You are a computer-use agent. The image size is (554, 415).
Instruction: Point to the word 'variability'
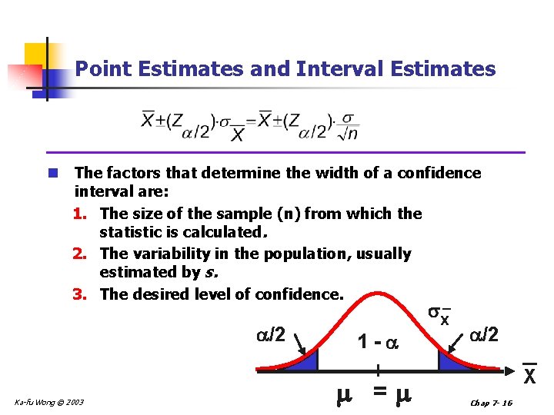168,254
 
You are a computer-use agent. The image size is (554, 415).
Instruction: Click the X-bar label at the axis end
530,375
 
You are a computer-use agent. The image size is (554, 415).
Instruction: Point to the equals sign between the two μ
379,392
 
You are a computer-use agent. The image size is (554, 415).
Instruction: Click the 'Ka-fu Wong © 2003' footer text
50,402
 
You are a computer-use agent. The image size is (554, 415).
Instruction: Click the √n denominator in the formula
349,134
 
